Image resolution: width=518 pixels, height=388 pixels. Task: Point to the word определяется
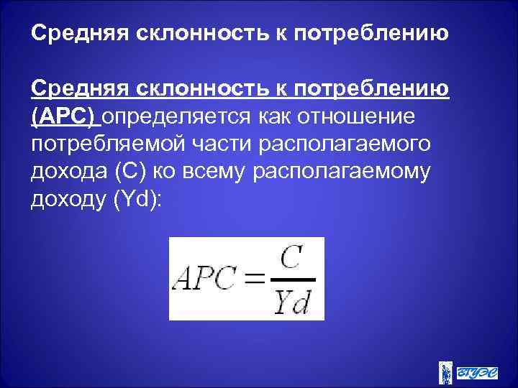point(183,116)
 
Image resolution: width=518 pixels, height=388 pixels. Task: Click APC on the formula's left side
point(208,279)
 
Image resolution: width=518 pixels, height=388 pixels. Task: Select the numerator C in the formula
point(291,259)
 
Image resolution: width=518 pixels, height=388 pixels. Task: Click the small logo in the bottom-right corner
point(468,372)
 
